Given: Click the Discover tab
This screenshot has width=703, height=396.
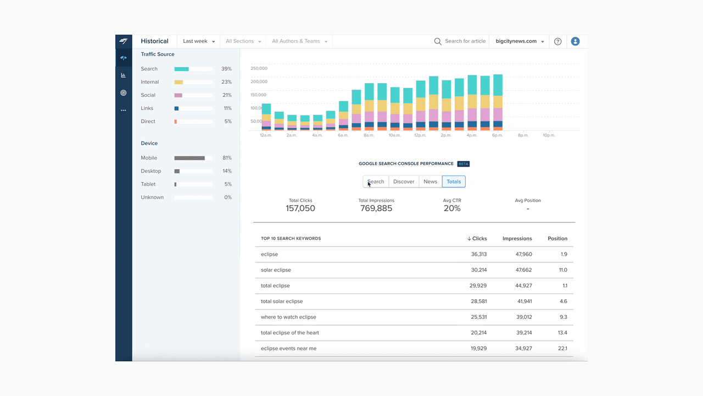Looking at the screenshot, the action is pyautogui.click(x=404, y=182).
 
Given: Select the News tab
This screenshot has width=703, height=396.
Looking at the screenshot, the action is pyautogui.click(x=430, y=182).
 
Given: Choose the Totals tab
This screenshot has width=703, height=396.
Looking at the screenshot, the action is pyautogui.click(x=454, y=182).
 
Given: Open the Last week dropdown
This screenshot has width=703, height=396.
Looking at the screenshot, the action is pyautogui.click(x=199, y=41).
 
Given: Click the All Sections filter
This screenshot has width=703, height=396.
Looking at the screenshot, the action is pyautogui.click(x=243, y=41).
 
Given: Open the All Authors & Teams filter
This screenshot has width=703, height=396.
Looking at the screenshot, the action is pyautogui.click(x=299, y=41).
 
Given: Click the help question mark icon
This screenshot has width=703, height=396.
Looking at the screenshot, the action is pyautogui.click(x=557, y=41).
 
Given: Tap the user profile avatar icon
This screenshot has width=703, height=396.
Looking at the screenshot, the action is pyautogui.click(x=575, y=41).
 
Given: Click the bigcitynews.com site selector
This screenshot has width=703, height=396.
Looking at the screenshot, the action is pyautogui.click(x=520, y=41).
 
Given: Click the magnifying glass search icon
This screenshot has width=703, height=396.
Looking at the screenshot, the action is pyautogui.click(x=438, y=41).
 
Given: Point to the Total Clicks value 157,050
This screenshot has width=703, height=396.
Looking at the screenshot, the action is pyautogui.click(x=300, y=208).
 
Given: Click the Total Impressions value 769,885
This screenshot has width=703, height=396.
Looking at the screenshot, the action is pyautogui.click(x=376, y=208).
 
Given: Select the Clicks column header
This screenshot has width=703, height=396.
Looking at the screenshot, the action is pyautogui.click(x=477, y=239).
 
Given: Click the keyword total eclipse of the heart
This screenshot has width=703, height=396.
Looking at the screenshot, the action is pyautogui.click(x=289, y=333).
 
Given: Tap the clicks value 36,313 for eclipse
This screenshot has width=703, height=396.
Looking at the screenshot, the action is pyautogui.click(x=479, y=254).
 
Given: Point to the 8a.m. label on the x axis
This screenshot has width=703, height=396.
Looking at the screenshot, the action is pyautogui.click(x=369, y=135).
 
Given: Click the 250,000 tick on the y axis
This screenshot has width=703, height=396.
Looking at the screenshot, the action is pyautogui.click(x=259, y=68).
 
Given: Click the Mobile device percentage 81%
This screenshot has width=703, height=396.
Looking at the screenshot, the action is pyautogui.click(x=227, y=158).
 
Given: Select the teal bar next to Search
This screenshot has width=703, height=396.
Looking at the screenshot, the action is pyautogui.click(x=181, y=69).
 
